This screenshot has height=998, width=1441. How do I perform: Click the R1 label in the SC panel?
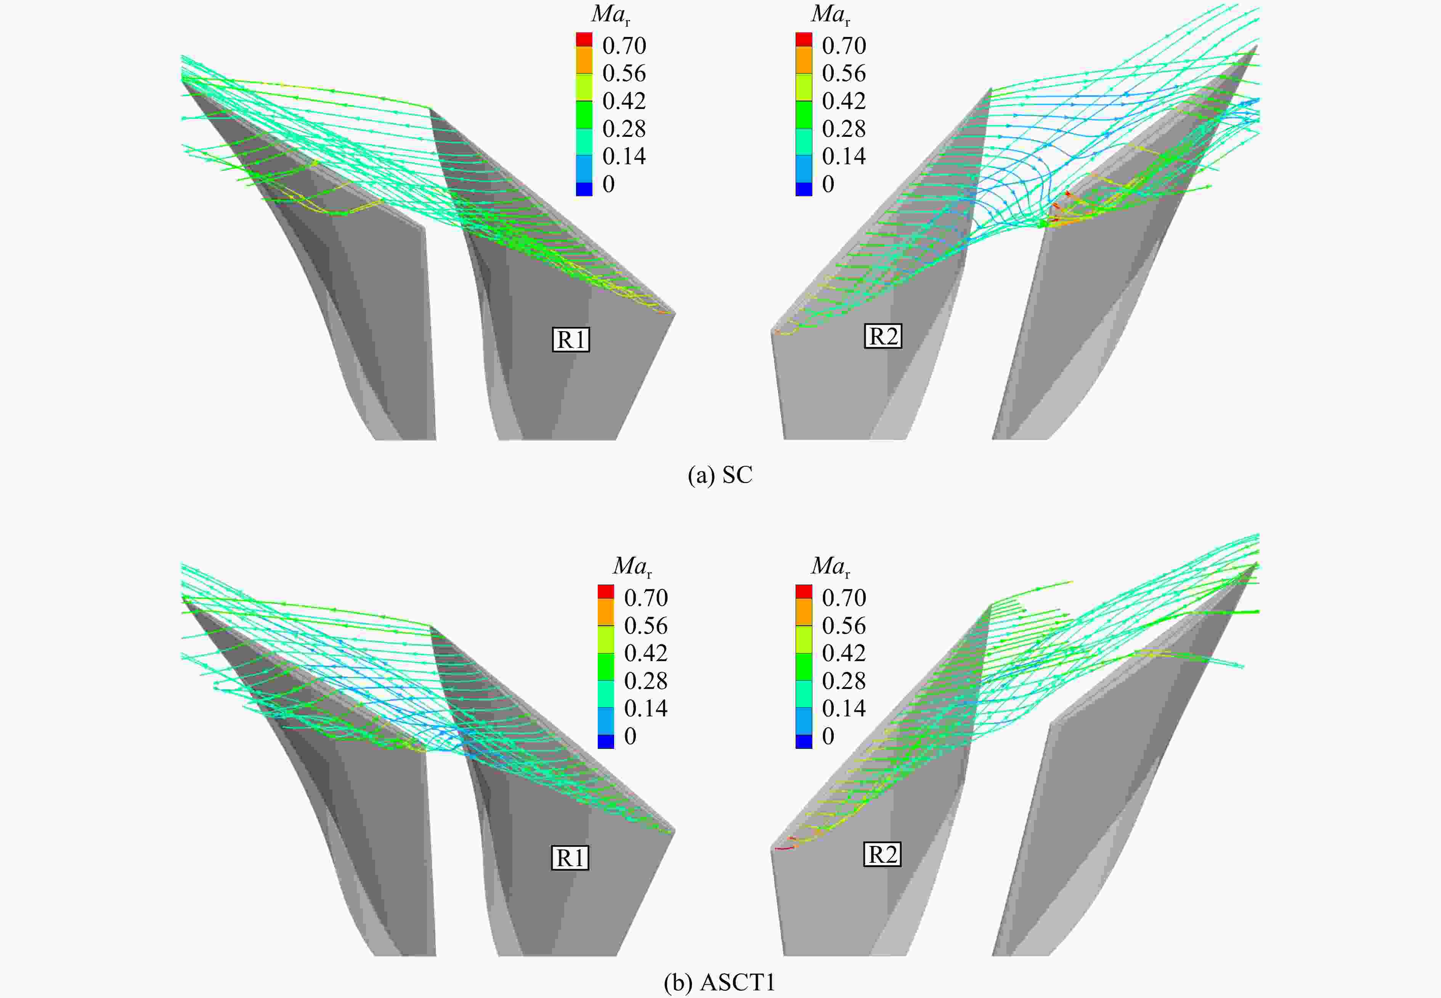570,339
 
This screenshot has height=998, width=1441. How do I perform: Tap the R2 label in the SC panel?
883,336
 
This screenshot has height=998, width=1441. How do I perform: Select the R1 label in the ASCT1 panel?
570,857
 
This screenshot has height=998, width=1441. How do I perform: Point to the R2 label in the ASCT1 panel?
883,854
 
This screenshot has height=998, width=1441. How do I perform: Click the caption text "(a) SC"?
720,475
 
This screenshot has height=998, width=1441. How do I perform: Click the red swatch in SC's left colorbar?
584,39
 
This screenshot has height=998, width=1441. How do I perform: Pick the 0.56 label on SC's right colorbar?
844,73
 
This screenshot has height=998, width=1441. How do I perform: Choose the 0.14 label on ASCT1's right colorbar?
844,708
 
